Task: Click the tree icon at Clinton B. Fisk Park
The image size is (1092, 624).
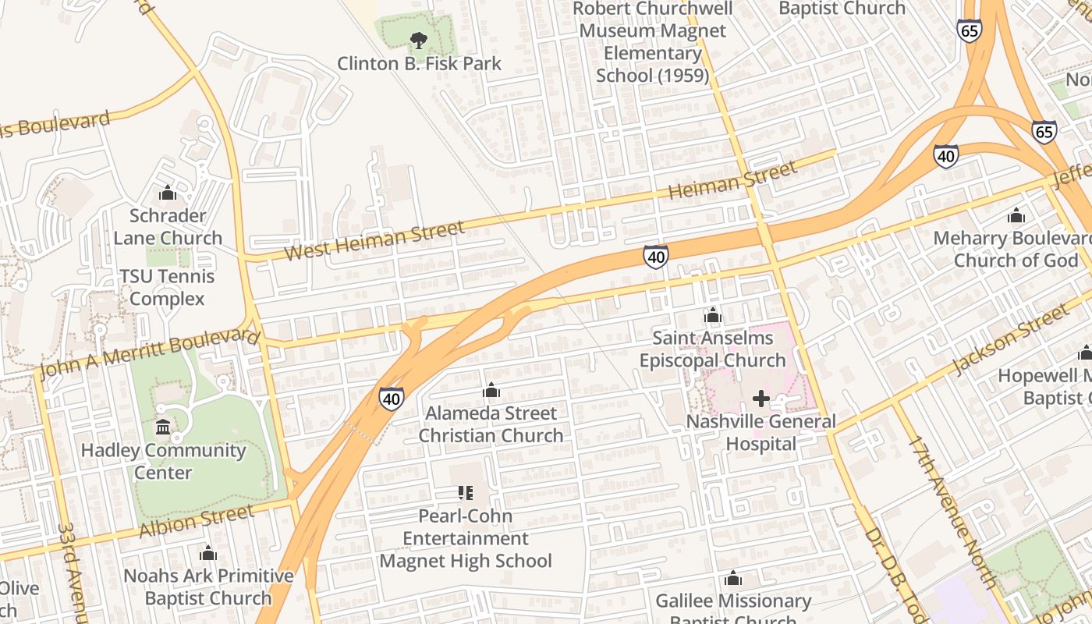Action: [x=419, y=40]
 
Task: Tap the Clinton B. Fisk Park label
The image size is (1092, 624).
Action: [x=419, y=63]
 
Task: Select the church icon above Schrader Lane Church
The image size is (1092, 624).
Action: [x=168, y=193]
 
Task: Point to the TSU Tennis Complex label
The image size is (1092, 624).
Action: [x=167, y=287]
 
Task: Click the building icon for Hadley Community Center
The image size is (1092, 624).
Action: [x=164, y=427]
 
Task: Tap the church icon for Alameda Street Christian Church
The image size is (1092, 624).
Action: [x=491, y=390]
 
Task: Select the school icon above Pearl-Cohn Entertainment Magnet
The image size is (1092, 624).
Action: [x=466, y=492]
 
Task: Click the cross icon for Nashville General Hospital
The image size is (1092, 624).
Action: [x=760, y=399]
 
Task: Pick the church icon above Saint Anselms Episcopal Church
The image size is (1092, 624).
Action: [x=713, y=315]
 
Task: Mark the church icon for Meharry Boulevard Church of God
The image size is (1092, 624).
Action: [x=1016, y=214]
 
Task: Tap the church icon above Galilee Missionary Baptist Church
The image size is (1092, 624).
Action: [x=732, y=578]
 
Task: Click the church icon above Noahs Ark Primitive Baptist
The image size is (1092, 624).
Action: [x=208, y=553]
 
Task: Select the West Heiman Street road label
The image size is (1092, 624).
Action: [x=374, y=241]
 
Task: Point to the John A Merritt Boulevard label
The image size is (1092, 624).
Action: [x=148, y=353]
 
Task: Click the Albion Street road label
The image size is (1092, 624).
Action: [x=197, y=521]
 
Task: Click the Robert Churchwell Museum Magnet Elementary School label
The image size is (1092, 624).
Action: [x=653, y=42]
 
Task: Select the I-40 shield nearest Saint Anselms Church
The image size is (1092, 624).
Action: [x=655, y=257]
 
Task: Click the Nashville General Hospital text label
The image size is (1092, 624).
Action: [x=760, y=433]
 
